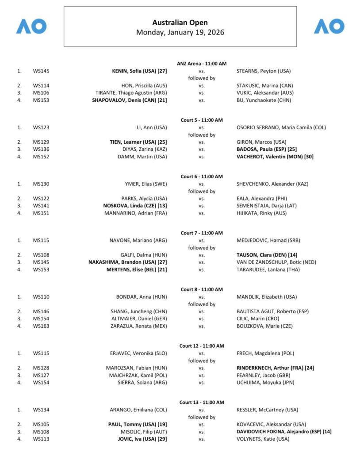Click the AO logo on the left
(x=31, y=26)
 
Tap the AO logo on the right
(x=329, y=26)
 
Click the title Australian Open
(x=180, y=23)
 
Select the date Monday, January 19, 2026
(x=180, y=32)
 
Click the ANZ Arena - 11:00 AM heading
(x=201, y=63)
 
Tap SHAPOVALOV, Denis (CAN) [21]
(x=129, y=100)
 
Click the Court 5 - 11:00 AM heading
(x=201, y=120)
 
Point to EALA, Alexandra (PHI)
(x=260, y=199)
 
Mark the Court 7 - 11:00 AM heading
(x=201, y=233)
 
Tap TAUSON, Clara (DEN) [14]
(x=266, y=255)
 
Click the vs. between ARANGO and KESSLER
(x=201, y=410)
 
